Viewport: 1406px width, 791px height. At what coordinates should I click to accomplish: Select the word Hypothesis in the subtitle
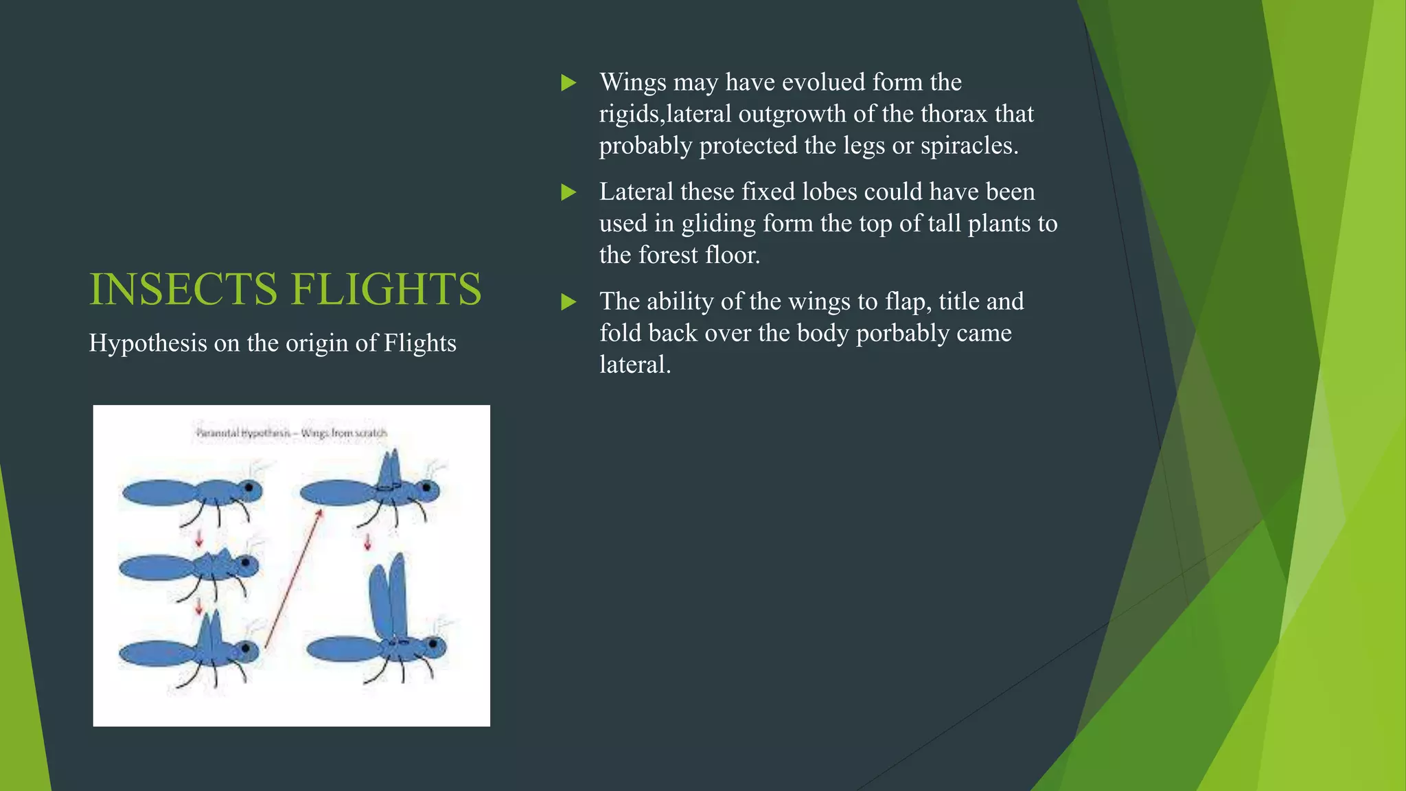tap(148, 343)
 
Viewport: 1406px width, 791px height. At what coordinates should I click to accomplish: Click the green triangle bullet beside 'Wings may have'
tap(568, 83)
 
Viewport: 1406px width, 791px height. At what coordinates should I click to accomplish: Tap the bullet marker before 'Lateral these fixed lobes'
tap(568, 192)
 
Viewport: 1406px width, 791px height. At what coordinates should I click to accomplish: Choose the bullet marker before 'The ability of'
tap(568, 302)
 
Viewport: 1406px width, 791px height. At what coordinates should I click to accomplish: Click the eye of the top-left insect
tap(249, 489)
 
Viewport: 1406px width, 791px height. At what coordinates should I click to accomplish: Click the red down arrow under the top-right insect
tap(367, 542)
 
